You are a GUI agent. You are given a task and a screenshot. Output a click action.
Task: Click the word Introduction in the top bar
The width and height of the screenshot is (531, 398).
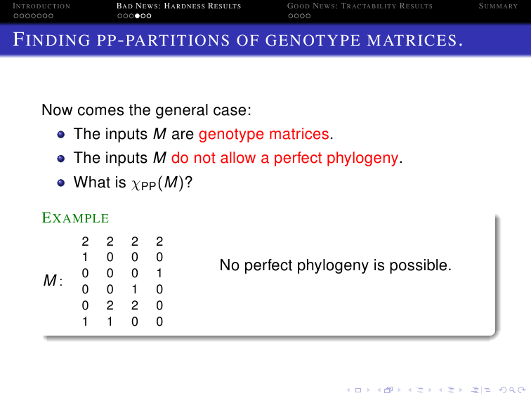point(41,6)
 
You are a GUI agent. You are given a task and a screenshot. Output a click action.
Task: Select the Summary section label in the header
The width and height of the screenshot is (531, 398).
point(498,6)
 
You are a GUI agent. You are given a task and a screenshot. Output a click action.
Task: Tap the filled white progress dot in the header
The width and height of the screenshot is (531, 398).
point(137,16)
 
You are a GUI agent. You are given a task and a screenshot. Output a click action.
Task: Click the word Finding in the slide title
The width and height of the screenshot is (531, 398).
point(51,39)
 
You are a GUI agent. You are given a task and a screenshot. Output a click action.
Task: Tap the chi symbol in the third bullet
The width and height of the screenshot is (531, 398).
point(136,184)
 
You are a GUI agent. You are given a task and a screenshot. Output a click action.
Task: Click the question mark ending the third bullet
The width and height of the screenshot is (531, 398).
point(189,182)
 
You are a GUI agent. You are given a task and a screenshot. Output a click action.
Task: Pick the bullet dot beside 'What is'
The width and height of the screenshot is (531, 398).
point(61,183)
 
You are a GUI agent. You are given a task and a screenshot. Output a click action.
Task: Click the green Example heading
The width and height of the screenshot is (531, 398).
point(75,218)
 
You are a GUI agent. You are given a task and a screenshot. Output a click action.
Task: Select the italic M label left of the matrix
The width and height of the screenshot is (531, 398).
point(50,280)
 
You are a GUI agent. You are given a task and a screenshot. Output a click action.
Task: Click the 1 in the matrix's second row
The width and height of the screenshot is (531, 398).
point(85,257)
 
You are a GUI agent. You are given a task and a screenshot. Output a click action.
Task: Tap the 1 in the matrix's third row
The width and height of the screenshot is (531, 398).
point(159,273)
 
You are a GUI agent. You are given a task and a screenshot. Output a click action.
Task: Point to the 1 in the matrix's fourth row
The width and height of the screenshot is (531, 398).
point(134,289)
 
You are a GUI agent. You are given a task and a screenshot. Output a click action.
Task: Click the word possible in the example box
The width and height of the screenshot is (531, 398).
point(420,265)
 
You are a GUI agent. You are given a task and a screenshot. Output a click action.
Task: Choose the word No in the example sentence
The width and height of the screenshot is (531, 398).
point(230,265)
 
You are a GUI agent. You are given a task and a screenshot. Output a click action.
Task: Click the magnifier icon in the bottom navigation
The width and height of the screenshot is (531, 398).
point(512,390)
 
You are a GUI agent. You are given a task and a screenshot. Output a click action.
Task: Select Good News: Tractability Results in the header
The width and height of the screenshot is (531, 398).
point(360,6)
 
